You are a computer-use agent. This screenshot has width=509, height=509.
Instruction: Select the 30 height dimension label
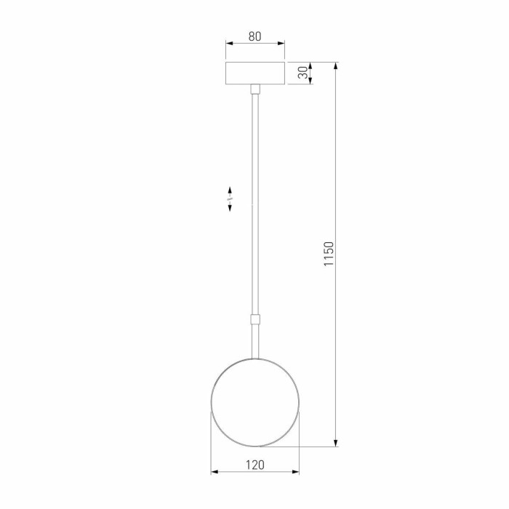(x=301, y=73)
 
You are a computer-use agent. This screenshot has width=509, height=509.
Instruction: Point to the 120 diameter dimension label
(x=254, y=464)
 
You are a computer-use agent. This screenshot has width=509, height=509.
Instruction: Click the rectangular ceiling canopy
(x=254, y=73)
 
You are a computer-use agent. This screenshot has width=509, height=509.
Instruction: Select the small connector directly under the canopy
(x=254, y=89)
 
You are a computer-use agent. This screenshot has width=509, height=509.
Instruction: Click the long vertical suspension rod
(x=254, y=204)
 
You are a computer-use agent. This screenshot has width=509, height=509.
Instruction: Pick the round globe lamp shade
(x=254, y=401)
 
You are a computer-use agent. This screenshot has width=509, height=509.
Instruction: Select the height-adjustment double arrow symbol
(x=230, y=198)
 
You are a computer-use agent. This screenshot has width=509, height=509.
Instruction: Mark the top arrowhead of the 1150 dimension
(x=335, y=66)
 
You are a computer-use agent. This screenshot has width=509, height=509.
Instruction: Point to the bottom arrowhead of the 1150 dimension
(x=335, y=442)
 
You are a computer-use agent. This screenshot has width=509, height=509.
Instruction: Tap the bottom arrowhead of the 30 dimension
(x=311, y=81)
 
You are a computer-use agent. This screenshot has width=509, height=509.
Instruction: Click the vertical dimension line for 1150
(x=335, y=327)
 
